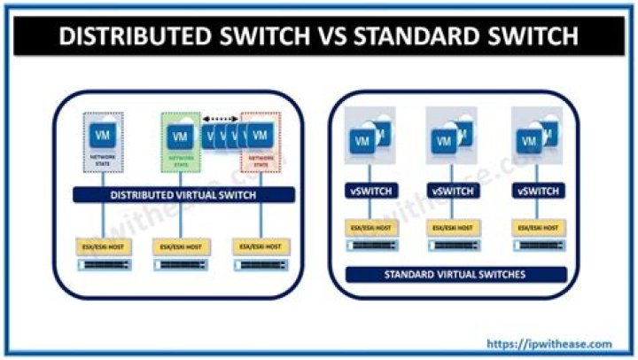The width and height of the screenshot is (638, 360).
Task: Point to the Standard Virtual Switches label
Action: (455, 275)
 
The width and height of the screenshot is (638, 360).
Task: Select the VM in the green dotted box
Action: (180, 137)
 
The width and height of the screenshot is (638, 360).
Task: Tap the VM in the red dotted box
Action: (261, 137)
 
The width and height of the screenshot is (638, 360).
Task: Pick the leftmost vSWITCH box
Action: (369, 191)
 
